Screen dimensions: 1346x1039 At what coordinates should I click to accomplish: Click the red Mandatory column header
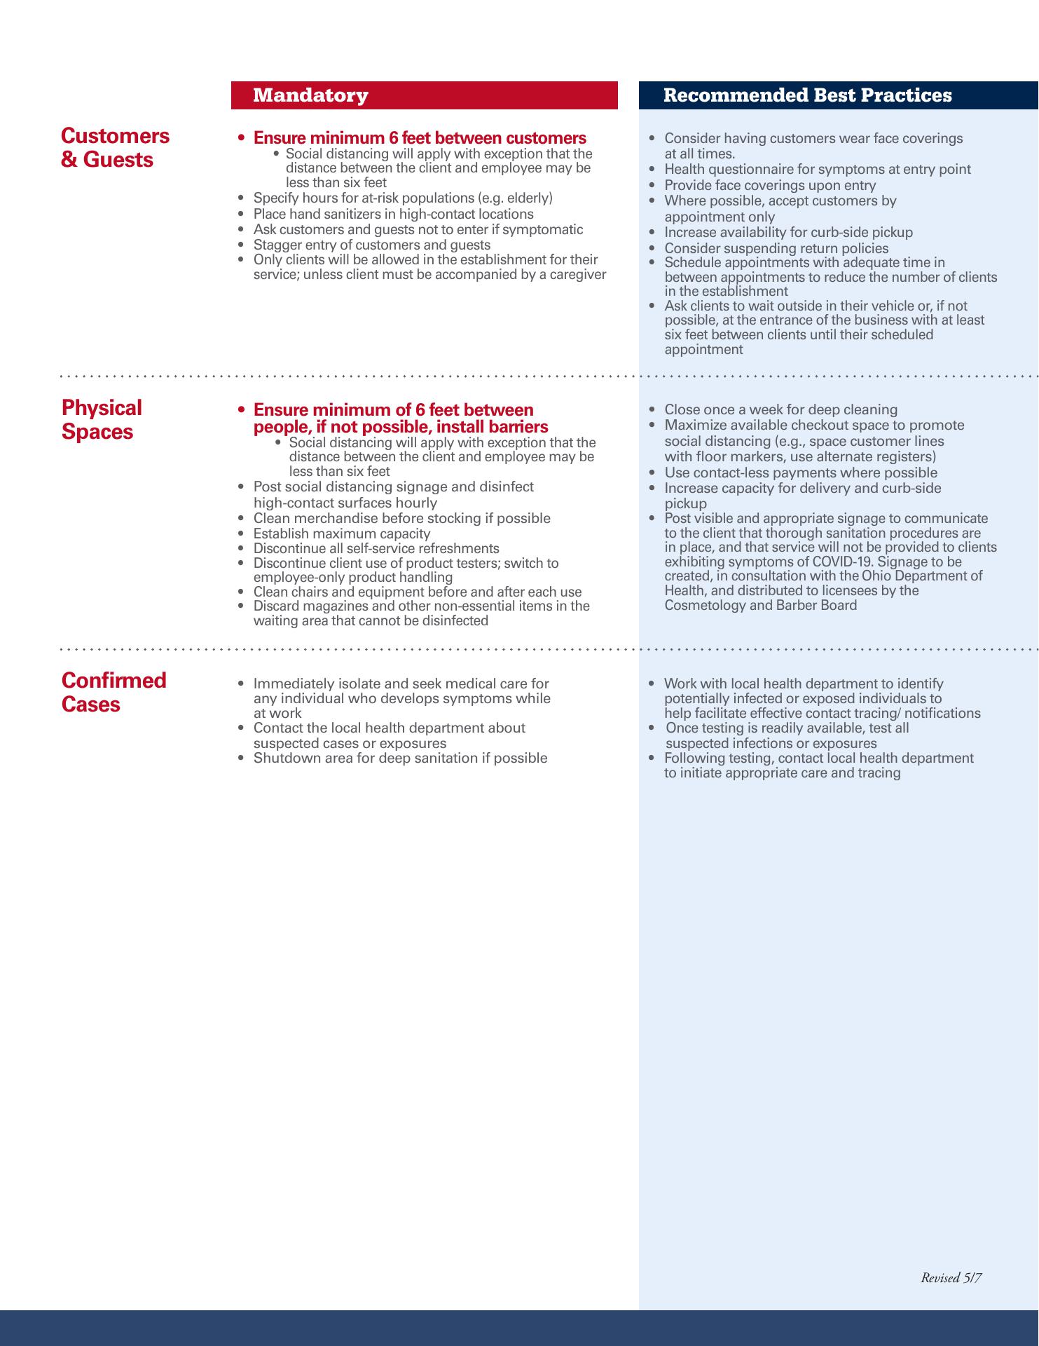(310, 95)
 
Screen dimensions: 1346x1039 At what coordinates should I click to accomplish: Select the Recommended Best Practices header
(807, 95)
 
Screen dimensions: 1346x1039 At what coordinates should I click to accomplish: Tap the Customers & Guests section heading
(116, 147)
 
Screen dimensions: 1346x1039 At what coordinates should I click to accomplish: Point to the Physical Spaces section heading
(102, 419)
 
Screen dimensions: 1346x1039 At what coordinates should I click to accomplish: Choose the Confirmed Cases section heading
(113, 692)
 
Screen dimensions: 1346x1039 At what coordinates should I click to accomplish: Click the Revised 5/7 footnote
(951, 1278)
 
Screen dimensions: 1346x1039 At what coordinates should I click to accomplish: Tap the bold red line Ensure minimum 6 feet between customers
(420, 137)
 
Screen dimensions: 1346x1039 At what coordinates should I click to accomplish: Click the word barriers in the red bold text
(518, 427)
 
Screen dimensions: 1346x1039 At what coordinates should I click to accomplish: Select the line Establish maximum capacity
(341, 533)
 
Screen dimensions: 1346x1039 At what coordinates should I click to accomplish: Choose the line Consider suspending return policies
(776, 248)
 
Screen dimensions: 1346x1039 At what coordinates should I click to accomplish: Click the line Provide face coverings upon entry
(770, 185)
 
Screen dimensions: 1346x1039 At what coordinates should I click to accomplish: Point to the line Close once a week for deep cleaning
(780, 409)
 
